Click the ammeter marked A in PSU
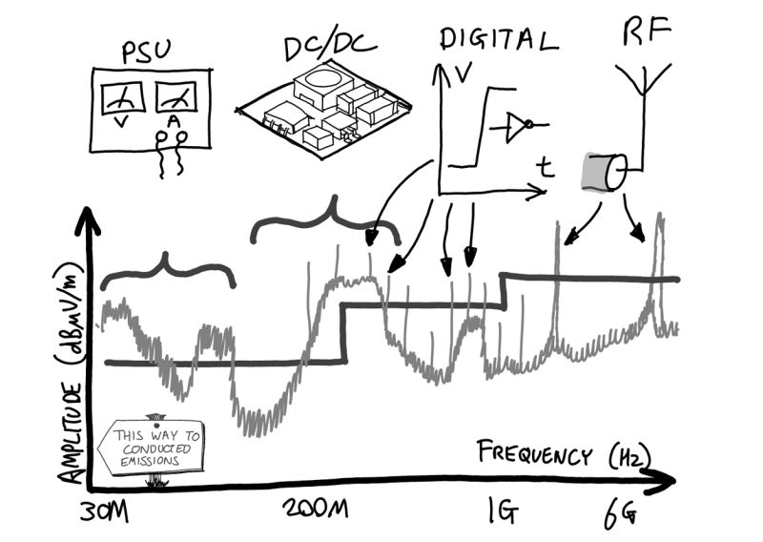tap(175, 100)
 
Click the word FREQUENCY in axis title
tap(534, 453)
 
